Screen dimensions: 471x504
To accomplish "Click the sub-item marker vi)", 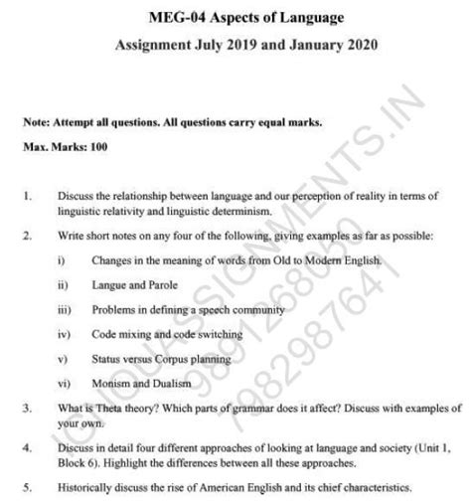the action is point(63,383).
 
